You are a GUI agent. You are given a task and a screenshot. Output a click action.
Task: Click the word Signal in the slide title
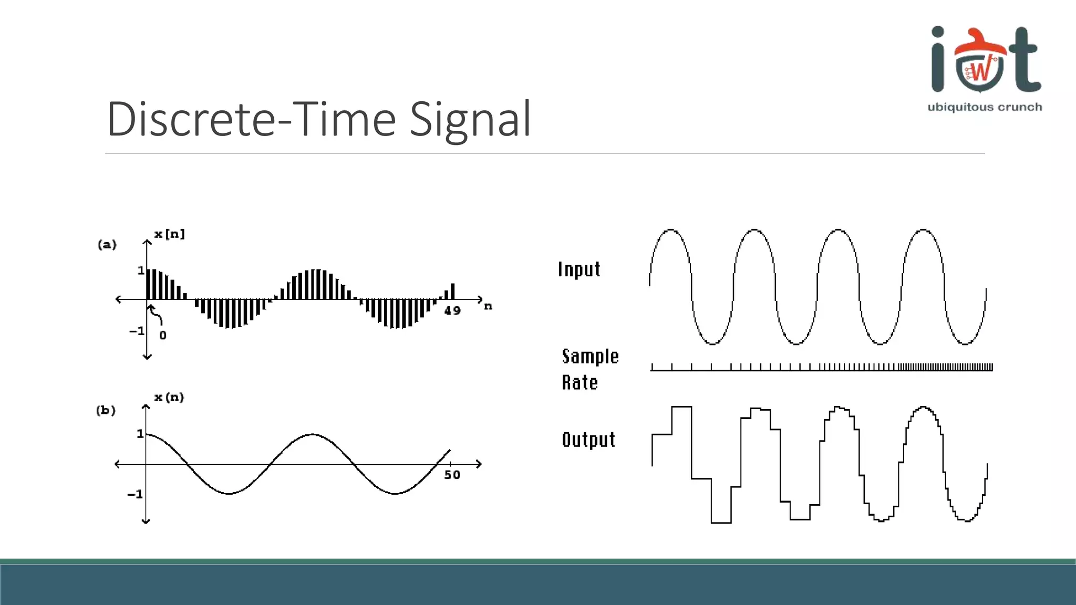(x=470, y=120)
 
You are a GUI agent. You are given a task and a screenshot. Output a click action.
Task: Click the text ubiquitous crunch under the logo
(x=985, y=107)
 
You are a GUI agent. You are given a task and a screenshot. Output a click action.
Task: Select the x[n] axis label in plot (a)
(x=169, y=234)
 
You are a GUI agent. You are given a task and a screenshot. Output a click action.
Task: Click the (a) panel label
(x=107, y=245)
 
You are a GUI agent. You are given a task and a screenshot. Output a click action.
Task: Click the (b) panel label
(x=106, y=410)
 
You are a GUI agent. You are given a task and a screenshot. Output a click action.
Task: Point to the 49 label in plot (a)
(x=452, y=311)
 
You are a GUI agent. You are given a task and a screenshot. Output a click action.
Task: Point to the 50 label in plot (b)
(x=452, y=475)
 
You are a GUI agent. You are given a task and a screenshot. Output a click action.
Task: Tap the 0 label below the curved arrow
(x=163, y=336)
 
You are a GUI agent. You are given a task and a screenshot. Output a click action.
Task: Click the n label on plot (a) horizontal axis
(x=488, y=306)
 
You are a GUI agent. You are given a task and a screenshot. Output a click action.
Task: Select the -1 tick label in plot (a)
(x=137, y=331)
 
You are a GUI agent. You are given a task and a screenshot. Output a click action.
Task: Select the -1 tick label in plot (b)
(x=135, y=495)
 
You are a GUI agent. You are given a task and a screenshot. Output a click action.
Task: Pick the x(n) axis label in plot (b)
(x=169, y=398)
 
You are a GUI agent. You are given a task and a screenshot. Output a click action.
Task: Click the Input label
(x=579, y=269)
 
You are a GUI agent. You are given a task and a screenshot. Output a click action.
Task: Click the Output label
(x=588, y=440)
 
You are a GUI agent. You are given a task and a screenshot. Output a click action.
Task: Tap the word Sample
(x=591, y=357)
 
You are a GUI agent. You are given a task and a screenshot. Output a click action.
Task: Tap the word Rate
(x=580, y=383)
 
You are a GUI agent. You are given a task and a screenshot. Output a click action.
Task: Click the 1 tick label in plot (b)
(x=140, y=434)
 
